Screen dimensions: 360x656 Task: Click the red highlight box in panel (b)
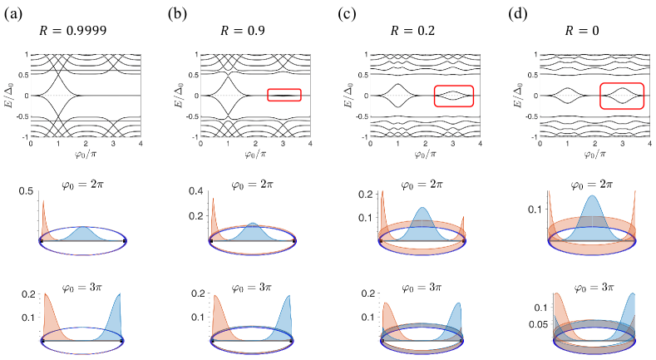284,95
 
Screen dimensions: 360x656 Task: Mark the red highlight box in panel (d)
622,96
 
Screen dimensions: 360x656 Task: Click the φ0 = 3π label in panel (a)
82,286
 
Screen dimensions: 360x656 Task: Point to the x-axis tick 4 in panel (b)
310,144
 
